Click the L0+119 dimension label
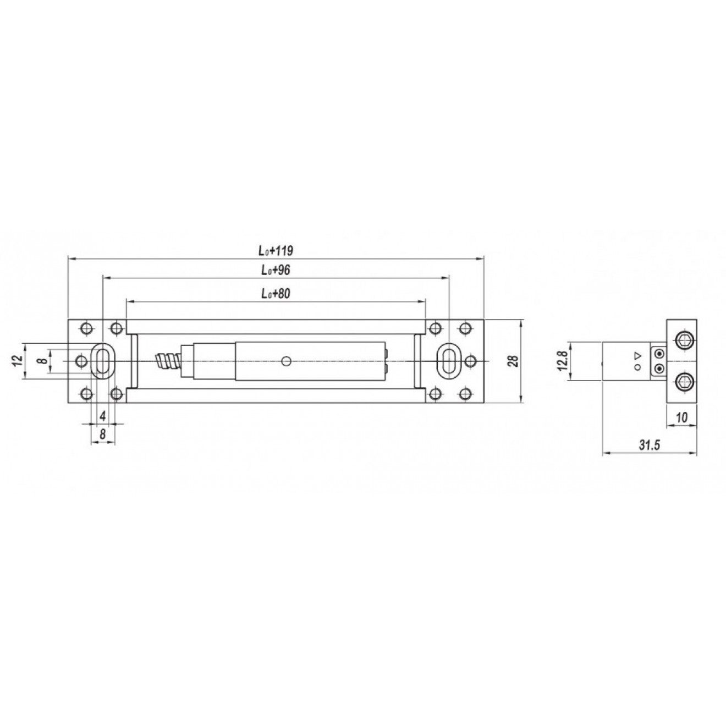point(276,251)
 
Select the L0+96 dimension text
point(276,272)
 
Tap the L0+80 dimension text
point(276,294)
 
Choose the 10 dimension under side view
point(682,418)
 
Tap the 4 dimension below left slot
point(102,416)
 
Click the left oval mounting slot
point(102,361)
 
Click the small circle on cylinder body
point(285,361)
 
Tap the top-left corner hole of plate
point(85,328)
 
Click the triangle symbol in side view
point(637,354)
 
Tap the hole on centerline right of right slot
point(471,361)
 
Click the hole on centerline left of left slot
point(81,361)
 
